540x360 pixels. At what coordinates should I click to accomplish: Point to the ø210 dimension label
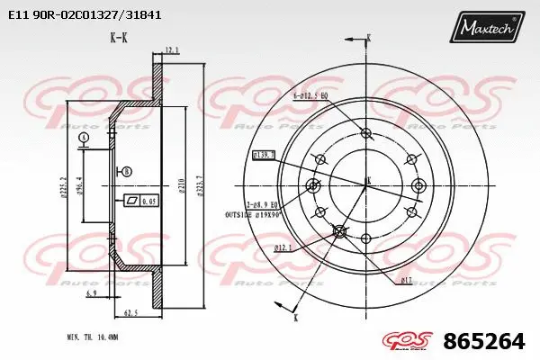coord(182,186)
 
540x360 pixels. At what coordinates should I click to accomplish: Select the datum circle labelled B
coord(127,171)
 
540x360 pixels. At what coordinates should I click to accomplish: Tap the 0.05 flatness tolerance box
coord(143,201)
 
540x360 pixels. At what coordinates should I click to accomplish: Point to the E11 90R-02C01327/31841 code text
coord(86,14)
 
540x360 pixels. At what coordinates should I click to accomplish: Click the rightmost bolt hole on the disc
coord(418,186)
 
